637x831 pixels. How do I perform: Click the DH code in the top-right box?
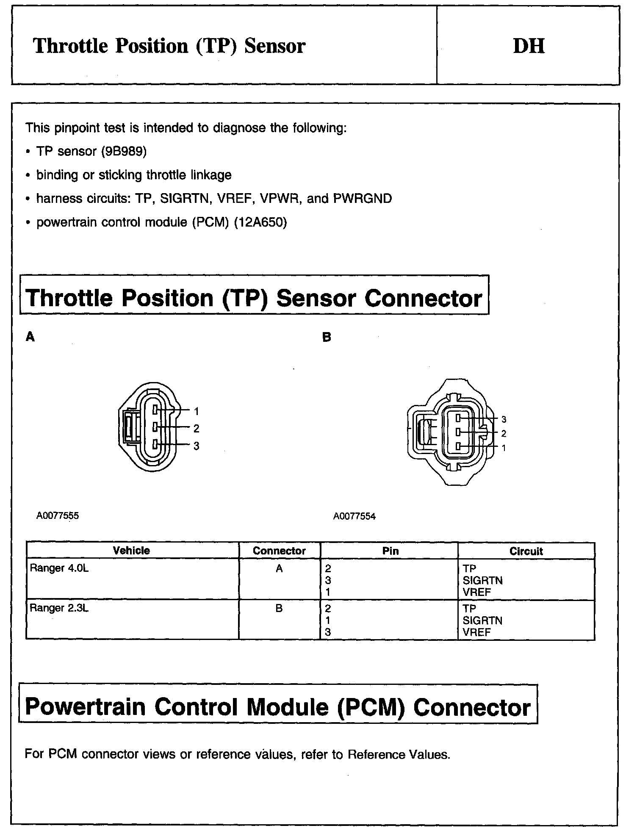tap(529, 46)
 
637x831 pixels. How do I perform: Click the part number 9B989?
tap(123, 151)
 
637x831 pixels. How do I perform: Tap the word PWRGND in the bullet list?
tap(363, 198)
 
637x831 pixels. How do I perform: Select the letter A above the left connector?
tap(30, 337)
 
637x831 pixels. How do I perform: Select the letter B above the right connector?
tap(327, 337)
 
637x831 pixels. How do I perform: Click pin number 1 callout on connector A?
tap(197, 411)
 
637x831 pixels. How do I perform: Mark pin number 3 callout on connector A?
tap(197, 446)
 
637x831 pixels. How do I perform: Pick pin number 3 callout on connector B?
tap(504, 419)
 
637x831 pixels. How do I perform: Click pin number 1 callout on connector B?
tap(504, 448)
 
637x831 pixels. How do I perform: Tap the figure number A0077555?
tap(58, 516)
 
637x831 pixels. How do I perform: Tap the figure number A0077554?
tap(355, 516)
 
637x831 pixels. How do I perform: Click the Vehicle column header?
tap(131, 551)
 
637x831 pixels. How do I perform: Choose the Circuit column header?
tap(526, 551)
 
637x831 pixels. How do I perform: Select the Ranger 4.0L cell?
tap(59, 568)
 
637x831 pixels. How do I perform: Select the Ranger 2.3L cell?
tap(59, 608)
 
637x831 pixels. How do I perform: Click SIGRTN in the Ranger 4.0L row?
tap(482, 580)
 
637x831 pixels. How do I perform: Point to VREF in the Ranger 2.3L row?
tap(477, 632)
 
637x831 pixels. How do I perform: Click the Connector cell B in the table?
tap(279, 609)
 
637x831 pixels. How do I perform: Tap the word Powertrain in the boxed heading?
tap(86, 707)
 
